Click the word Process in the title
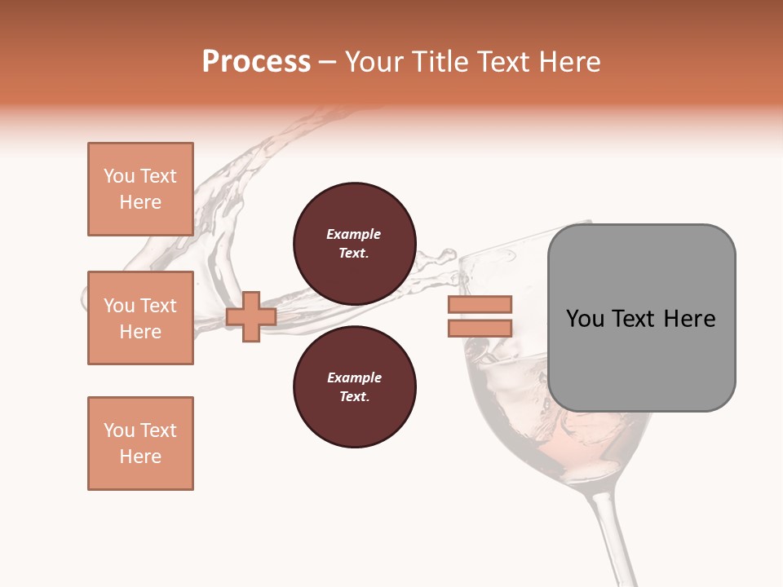coord(256,62)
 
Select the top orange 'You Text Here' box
coord(140,189)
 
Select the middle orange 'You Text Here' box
coord(140,318)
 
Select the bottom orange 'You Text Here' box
coord(140,444)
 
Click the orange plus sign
coord(251,316)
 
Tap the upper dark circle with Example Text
coord(354,244)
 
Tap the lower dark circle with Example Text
coord(354,387)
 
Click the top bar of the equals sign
coord(480,304)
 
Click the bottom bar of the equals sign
coord(480,328)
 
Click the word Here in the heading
coord(568,62)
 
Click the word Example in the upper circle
coord(353,234)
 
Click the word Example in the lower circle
coord(353,377)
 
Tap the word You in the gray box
coord(586,319)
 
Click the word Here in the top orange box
coord(140,202)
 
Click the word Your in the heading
coord(373,62)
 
